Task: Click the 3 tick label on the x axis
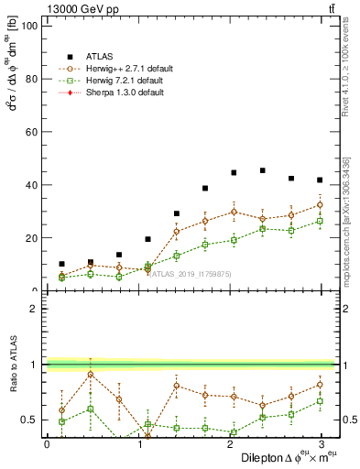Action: (x=322, y=444)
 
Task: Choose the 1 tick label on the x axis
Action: (x=138, y=444)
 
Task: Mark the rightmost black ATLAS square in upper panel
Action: (x=319, y=180)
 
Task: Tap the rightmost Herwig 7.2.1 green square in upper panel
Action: (x=319, y=221)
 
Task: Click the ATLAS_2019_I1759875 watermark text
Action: (x=189, y=274)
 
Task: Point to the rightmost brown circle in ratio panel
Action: (x=319, y=385)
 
